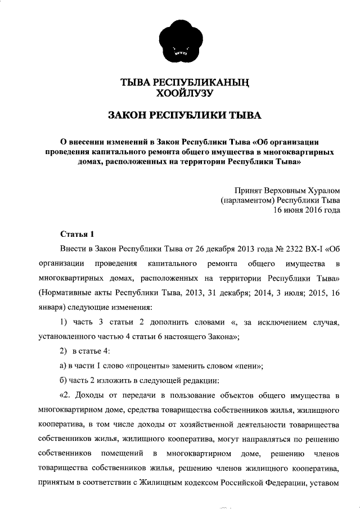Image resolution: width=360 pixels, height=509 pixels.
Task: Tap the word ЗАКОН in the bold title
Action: [130, 116]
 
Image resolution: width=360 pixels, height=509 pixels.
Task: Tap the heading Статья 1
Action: [74, 233]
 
